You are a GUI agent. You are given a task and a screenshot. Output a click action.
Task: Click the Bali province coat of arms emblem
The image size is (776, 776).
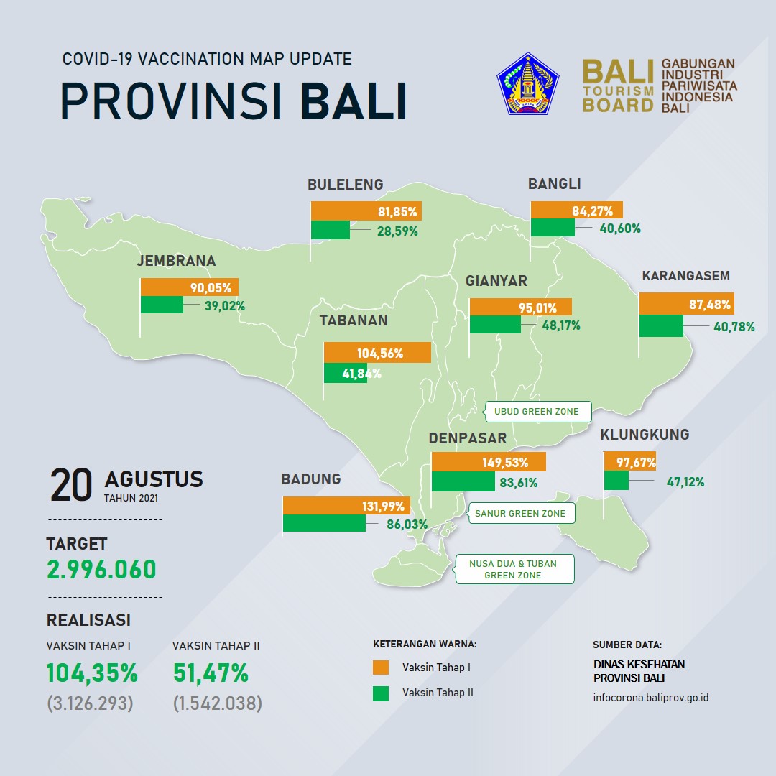527,83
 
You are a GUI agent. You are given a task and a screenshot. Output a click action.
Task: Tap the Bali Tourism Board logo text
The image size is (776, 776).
618,86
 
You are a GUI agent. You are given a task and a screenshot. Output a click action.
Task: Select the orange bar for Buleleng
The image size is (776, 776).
366,211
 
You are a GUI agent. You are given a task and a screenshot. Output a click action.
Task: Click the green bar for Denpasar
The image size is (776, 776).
463,481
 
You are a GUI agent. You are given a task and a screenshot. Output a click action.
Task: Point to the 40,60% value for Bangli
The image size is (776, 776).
620,228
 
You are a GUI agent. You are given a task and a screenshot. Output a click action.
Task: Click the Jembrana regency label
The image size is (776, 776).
176,261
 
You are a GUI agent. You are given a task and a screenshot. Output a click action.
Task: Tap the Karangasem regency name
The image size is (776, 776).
686,276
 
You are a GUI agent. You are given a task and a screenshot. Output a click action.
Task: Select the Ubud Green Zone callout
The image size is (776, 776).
538,412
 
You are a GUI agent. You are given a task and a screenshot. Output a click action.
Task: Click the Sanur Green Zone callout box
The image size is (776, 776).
521,513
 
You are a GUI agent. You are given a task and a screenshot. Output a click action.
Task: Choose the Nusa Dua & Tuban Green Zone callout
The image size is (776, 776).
514,569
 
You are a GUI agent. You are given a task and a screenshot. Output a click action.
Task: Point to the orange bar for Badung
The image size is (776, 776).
346,506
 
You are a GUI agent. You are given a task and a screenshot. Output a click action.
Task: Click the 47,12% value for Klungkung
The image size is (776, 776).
685,482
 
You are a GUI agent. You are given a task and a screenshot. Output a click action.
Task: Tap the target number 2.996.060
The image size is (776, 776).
101,569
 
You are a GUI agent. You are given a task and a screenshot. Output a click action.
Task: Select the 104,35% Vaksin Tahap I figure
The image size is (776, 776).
92,673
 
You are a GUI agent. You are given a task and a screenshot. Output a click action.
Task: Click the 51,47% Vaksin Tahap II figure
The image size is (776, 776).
211,673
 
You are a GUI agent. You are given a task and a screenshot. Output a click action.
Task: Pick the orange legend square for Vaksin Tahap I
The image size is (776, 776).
381,667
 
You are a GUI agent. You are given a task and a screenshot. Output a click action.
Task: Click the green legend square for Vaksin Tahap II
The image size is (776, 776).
381,693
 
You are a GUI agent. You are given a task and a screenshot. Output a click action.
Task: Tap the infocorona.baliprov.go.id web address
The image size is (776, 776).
651,698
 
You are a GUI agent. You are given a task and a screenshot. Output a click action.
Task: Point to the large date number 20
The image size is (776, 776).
71,485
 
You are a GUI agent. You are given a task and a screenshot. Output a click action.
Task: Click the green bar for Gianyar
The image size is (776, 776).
495,324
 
